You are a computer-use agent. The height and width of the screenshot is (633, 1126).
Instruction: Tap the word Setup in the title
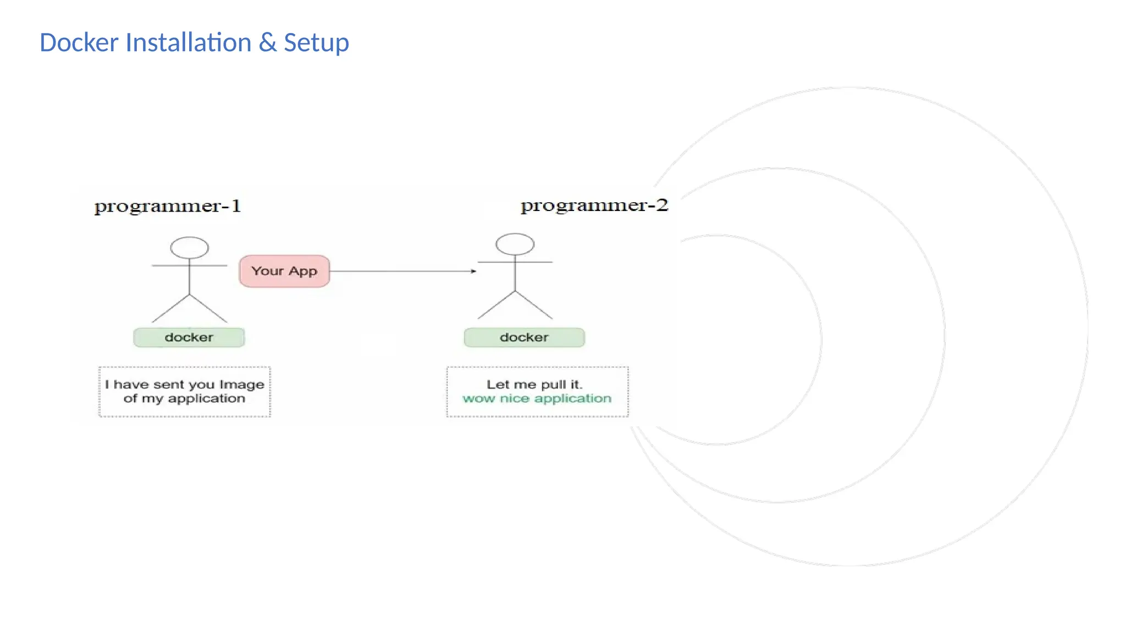pos(316,43)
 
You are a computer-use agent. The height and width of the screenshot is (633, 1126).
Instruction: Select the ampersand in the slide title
pos(267,43)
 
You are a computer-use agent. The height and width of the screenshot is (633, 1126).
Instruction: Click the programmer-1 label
pos(167,206)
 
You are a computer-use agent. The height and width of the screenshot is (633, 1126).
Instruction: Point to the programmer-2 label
pos(594,205)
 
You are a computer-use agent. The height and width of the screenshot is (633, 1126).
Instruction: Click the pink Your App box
pos(284,271)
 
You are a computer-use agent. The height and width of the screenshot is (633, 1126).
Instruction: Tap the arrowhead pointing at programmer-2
pos(473,271)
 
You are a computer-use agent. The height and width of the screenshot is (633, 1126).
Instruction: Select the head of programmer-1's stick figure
pos(189,248)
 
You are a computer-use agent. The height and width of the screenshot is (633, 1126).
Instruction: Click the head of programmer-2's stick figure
pos(515,245)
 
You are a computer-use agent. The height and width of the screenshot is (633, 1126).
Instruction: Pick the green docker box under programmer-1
pos(189,337)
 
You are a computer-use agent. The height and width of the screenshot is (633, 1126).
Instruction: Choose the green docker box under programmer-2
pos(524,337)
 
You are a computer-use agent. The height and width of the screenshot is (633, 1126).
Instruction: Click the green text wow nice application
pos(537,399)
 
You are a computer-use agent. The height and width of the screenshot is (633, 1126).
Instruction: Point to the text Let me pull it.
pos(534,385)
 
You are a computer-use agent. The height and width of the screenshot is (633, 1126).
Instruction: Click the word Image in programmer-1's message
pos(242,385)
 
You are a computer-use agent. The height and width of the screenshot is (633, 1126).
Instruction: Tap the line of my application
pos(184,399)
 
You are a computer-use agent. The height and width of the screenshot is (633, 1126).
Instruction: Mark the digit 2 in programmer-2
pos(661,205)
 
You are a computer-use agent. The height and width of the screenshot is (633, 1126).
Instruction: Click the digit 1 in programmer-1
pos(236,206)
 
